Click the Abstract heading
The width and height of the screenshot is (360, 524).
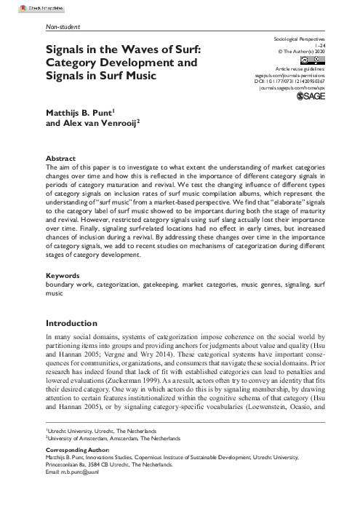[60, 158]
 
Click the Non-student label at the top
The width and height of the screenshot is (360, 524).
[62, 28]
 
